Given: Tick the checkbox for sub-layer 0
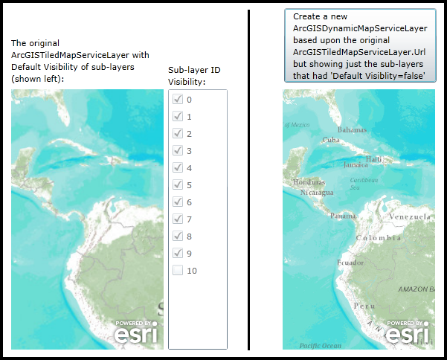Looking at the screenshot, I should [177, 99].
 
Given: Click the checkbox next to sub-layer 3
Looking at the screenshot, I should [177, 150].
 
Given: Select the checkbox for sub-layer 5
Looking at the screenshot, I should [177, 184].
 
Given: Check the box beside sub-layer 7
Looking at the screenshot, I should [177, 219].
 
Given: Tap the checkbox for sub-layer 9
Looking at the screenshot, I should [177, 253].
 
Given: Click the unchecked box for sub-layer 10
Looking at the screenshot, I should [177, 270].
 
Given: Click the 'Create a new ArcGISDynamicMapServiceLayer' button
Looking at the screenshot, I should [359, 45].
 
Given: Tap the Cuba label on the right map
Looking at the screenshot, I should [331, 140].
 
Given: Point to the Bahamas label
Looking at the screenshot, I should [353, 129].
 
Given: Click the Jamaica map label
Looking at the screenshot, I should [356, 164].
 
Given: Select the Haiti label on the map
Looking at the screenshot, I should [374, 158].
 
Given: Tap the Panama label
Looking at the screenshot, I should [343, 216].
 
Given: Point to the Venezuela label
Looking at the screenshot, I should [411, 216].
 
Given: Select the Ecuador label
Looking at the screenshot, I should [350, 263].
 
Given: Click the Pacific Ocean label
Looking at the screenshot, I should [320, 345].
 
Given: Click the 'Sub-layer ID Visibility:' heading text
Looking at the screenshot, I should [194, 76].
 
